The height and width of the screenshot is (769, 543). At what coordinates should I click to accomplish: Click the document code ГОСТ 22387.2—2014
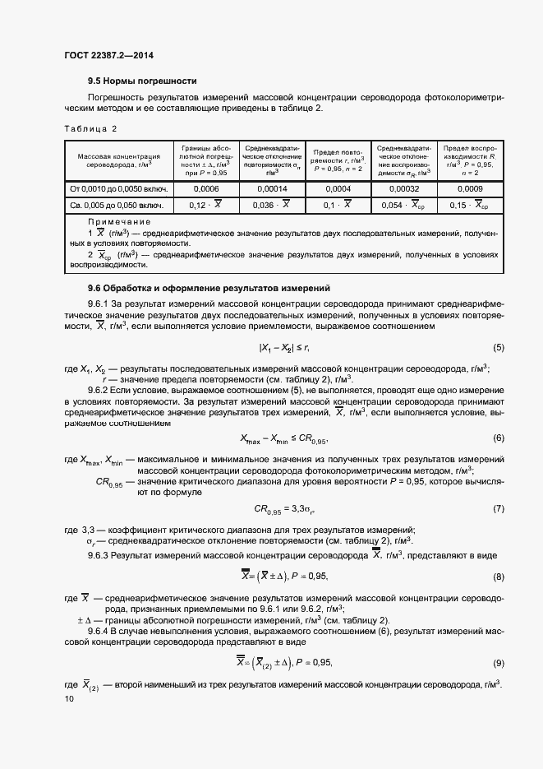point(108,55)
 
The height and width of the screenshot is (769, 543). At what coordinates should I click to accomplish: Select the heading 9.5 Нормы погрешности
point(142,81)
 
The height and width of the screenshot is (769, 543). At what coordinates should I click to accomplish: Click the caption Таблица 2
point(90,129)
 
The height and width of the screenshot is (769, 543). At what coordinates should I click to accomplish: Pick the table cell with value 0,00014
point(267,188)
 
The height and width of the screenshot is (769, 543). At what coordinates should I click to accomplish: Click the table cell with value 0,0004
point(338,188)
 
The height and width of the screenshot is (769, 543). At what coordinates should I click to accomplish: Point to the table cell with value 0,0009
point(470,188)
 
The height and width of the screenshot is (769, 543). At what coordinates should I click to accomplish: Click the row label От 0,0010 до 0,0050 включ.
point(118,188)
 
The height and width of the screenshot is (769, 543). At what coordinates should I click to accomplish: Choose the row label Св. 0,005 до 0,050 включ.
point(118,206)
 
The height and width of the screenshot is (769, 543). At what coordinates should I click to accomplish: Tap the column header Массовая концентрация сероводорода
point(118,160)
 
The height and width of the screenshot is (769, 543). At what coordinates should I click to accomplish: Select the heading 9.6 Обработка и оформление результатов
point(209,288)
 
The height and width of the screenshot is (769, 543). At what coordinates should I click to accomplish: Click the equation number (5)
point(498,348)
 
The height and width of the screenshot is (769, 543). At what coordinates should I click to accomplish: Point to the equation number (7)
point(498,509)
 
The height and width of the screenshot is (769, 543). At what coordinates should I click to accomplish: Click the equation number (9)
point(498,662)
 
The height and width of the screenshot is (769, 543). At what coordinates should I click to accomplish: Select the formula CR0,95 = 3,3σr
point(282,509)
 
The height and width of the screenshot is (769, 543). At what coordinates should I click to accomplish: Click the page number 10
point(68,698)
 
